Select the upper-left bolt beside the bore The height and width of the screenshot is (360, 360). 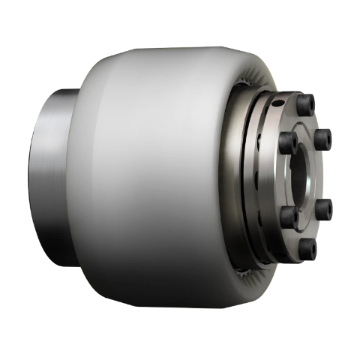[x=286, y=139]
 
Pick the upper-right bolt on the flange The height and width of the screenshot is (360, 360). [x=324, y=138]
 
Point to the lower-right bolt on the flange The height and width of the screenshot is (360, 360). [x=324, y=211]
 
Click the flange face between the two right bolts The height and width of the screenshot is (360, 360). [x=328, y=175]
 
